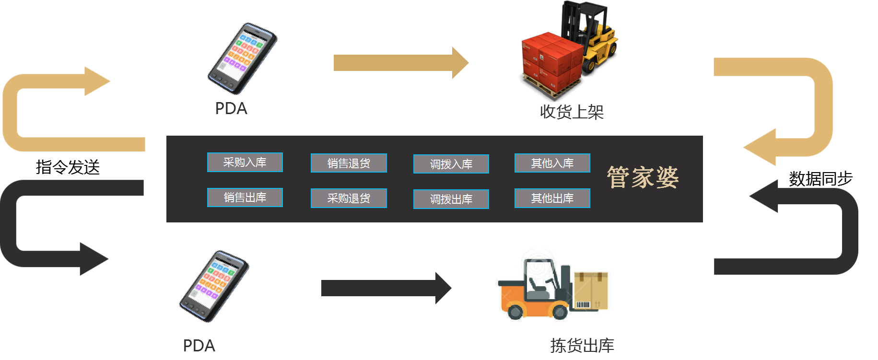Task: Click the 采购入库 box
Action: click(x=245, y=163)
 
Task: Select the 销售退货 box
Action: click(x=349, y=163)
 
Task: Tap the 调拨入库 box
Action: click(x=451, y=164)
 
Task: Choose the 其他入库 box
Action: click(x=552, y=163)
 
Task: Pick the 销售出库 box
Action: click(x=245, y=197)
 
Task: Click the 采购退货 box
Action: click(x=349, y=198)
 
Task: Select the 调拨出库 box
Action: click(x=451, y=199)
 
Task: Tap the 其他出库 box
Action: click(x=552, y=198)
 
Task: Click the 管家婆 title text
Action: click(x=643, y=177)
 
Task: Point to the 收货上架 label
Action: click(x=572, y=112)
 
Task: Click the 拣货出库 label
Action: click(x=582, y=346)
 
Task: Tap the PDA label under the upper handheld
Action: click(x=231, y=109)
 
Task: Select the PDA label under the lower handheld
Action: click(x=199, y=346)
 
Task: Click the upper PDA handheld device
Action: click(x=242, y=58)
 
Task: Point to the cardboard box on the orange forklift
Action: click(x=591, y=290)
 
